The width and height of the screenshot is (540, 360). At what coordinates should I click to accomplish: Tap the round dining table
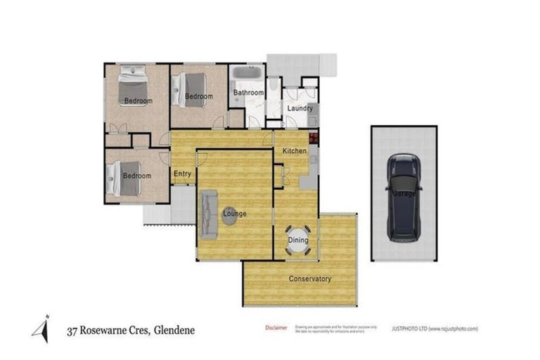pos(297,239)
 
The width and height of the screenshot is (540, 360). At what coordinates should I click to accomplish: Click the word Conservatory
pos(310,279)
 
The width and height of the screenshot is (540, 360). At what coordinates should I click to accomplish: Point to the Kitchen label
pos(295,152)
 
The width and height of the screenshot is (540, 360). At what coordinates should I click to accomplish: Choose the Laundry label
pos(300,108)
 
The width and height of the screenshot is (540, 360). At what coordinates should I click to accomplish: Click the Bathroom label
pos(248,93)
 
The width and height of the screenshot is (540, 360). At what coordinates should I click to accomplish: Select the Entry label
pos(182,174)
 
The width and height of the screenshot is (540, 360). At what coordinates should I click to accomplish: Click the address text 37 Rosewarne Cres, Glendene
pos(131,330)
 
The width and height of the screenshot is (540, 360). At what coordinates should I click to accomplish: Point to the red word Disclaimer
pos(276,328)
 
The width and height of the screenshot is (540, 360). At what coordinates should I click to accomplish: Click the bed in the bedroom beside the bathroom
pos(191,89)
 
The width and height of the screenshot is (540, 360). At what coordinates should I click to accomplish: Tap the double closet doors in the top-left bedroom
pos(117,129)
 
